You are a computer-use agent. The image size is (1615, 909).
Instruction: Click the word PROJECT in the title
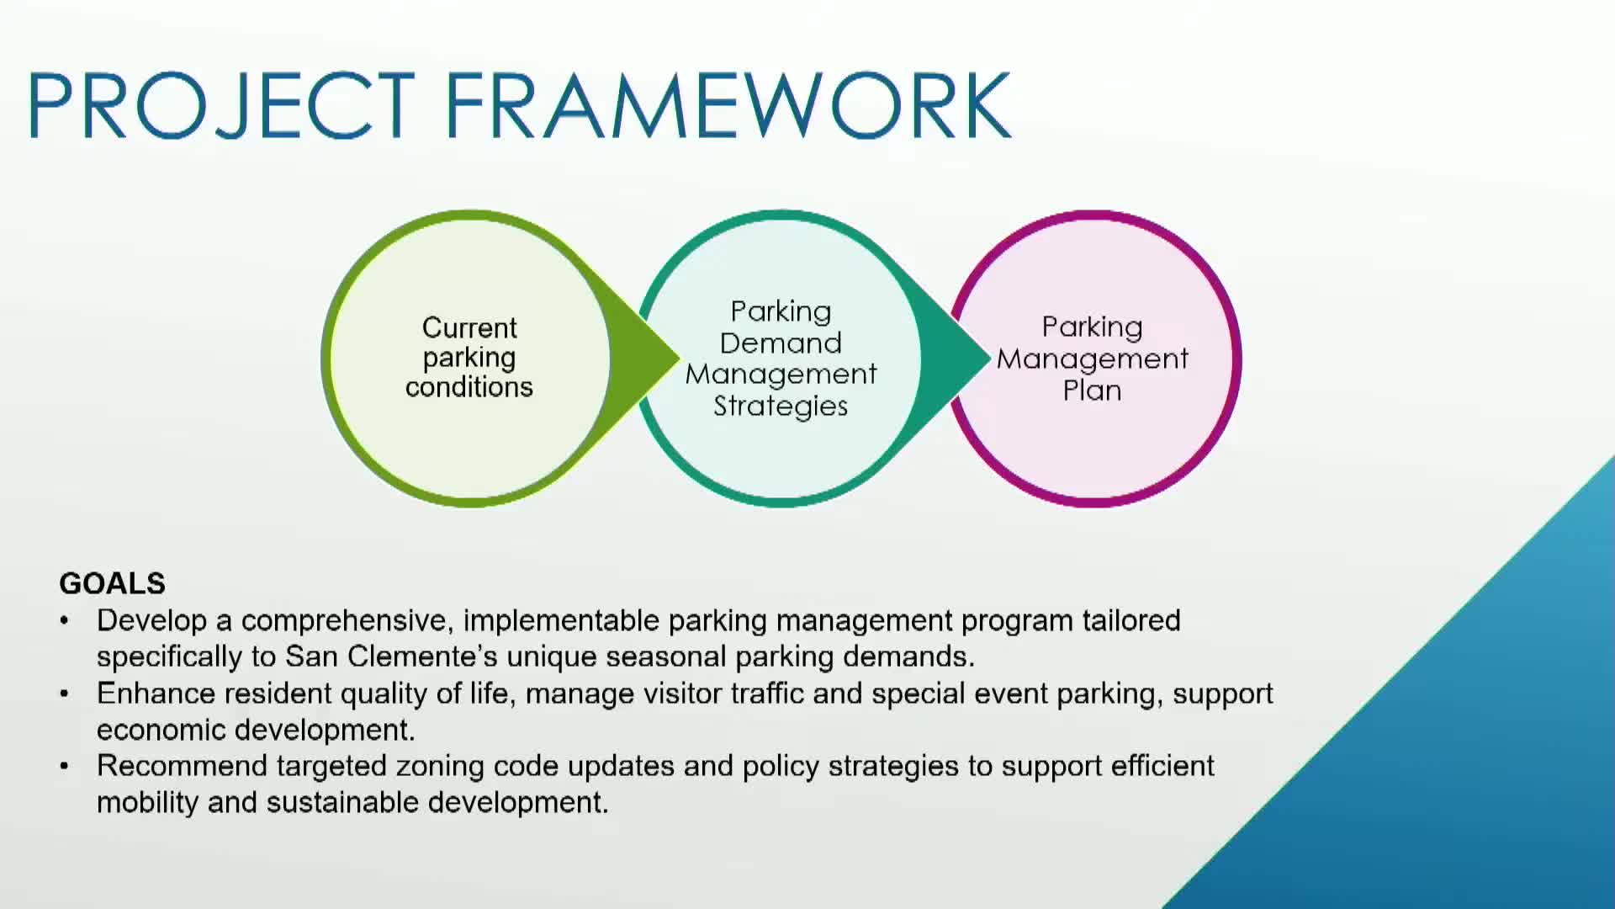(x=220, y=105)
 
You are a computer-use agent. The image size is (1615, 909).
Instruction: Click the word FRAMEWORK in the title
(x=728, y=105)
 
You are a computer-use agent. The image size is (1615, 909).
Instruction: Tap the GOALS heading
(x=112, y=583)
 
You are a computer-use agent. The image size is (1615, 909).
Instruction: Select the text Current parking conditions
(x=469, y=357)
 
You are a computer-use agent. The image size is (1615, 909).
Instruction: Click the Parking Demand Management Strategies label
(x=781, y=359)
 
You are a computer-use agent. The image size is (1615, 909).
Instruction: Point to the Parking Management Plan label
(x=1092, y=359)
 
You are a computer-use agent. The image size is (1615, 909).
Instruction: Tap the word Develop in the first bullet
(x=151, y=621)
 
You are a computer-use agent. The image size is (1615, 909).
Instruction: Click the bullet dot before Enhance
(x=65, y=694)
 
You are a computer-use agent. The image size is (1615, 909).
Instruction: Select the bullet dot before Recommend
(x=65, y=767)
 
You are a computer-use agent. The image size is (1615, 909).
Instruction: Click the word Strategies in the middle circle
(x=781, y=407)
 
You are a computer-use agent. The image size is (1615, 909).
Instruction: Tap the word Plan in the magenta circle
(x=1092, y=391)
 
